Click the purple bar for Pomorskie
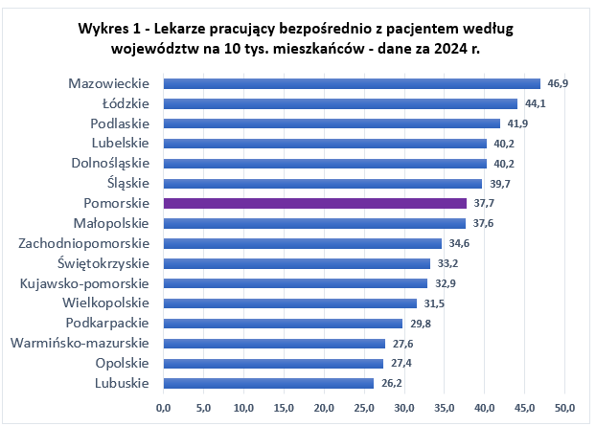pos(315,203)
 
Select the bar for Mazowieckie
pos(352,83)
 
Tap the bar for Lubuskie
pos(269,383)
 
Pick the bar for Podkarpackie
pos(284,323)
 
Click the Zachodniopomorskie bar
pos(303,243)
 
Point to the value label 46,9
pos(559,84)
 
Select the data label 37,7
pos(485,204)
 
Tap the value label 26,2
pos(393,384)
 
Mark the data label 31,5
pos(435,303)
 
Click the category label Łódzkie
pos(126,103)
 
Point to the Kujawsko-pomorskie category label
pos(85,283)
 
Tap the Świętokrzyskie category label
pos(103,263)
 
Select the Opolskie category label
pos(123,363)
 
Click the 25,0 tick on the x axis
pos(364,407)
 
